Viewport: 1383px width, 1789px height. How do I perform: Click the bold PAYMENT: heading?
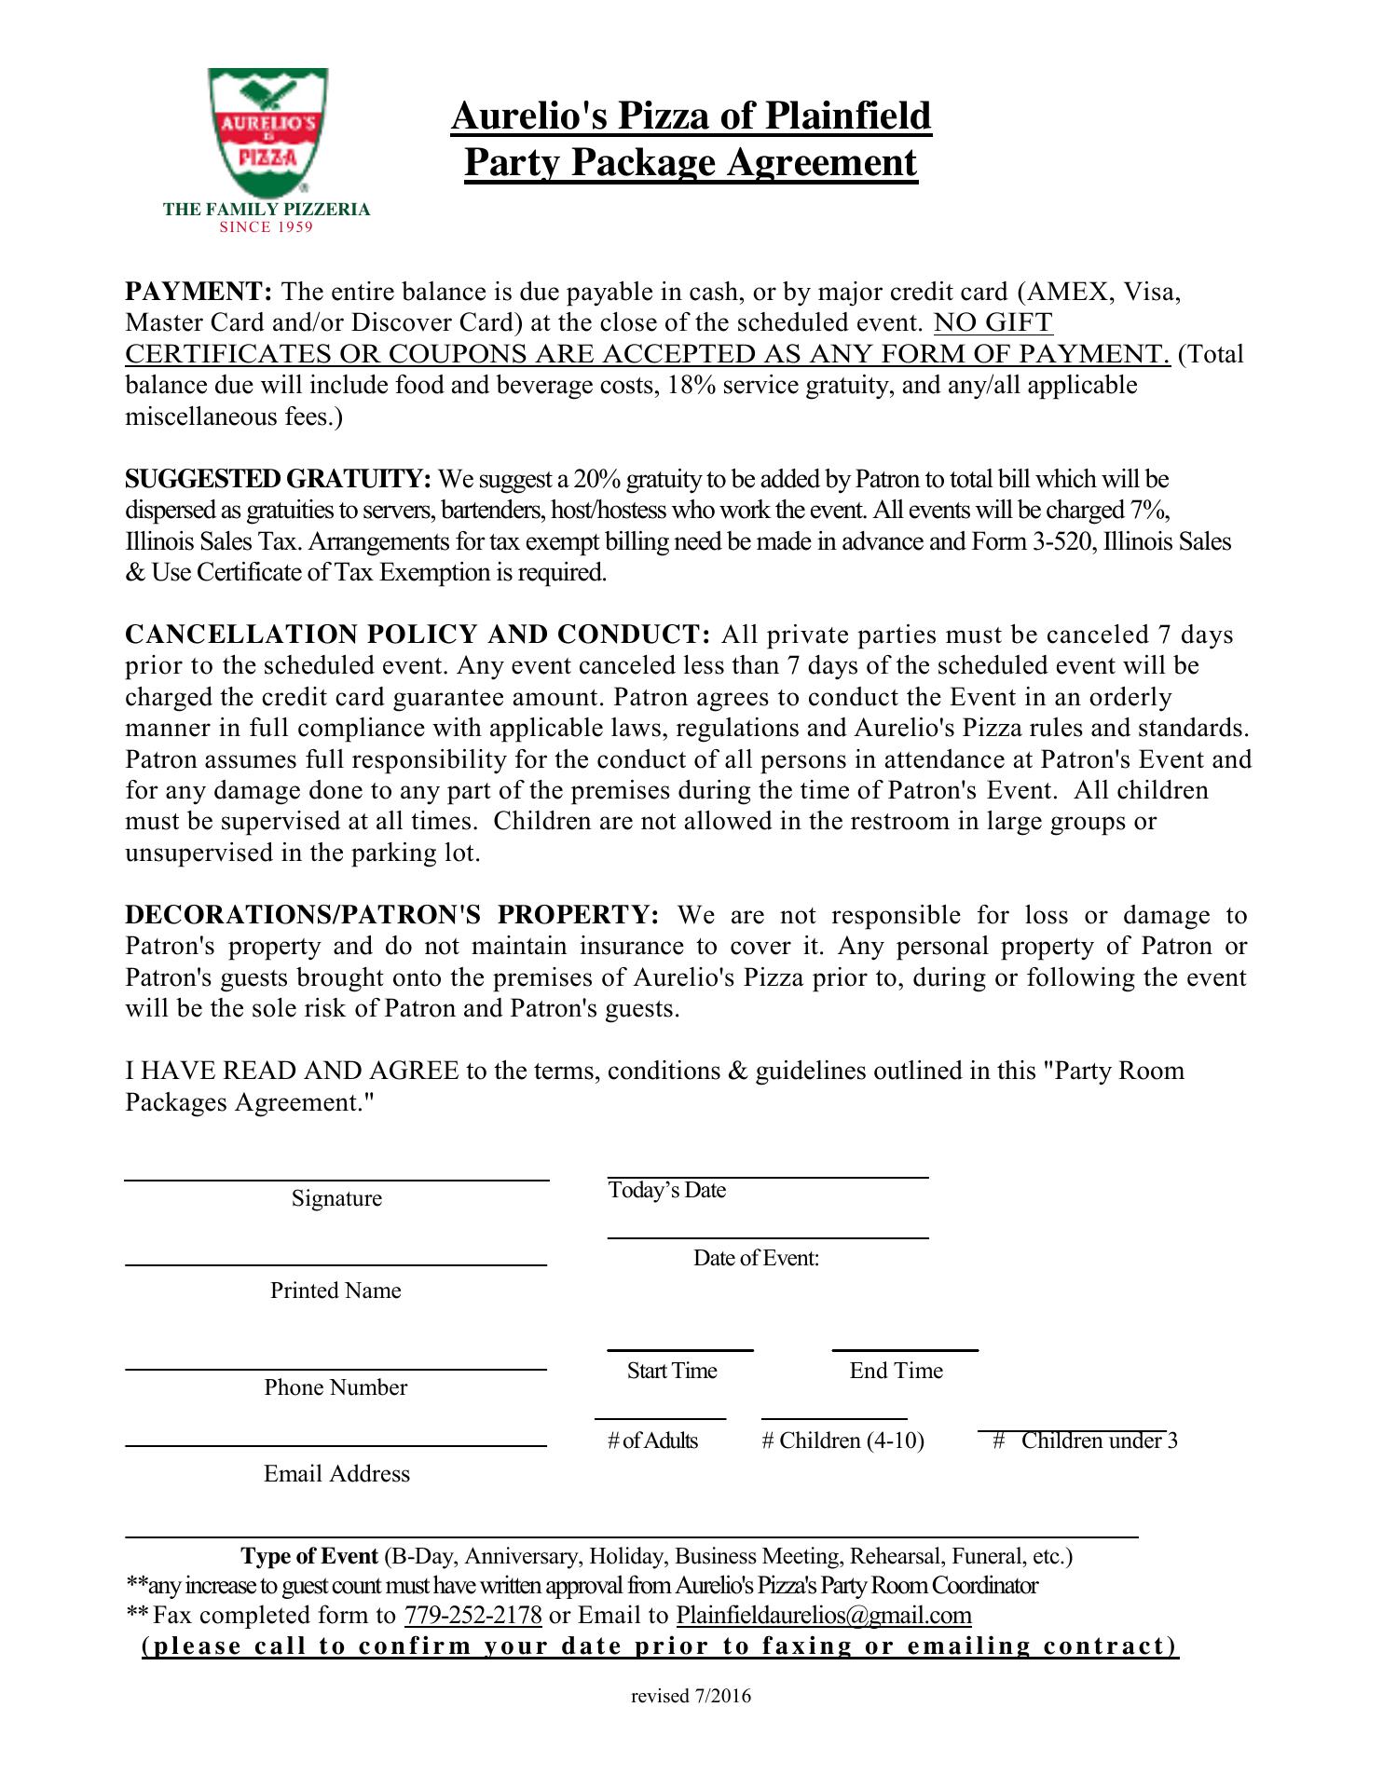(x=199, y=292)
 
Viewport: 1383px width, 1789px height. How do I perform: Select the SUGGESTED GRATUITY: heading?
(x=278, y=479)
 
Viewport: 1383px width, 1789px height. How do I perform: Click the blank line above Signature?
(x=336, y=1180)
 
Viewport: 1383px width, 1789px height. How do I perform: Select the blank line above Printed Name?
(x=336, y=1264)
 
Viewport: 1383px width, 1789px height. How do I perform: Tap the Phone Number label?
(x=335, y=1387)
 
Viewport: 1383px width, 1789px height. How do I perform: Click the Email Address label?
(x=336, y=1473)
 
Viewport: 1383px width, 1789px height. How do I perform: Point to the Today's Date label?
(x=666, y=1190)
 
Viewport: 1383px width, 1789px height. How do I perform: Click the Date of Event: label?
(x=756, y=1258)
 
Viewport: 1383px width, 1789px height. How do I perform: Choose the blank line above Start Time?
(x=679, y=1349)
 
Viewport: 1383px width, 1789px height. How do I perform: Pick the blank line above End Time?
(x=904, y=1349)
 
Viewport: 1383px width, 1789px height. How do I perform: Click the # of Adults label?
(x=652, y=1441)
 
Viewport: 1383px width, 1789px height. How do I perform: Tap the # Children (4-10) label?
(x=842, y=1441)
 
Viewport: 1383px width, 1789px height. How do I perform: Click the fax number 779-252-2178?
(x=473, y=1615)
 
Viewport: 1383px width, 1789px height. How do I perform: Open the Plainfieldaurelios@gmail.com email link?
(x=824, y=1615)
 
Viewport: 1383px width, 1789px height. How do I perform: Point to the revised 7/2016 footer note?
(x=691, y=1696)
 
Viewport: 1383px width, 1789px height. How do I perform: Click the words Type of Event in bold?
(x=309, y=1556)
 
